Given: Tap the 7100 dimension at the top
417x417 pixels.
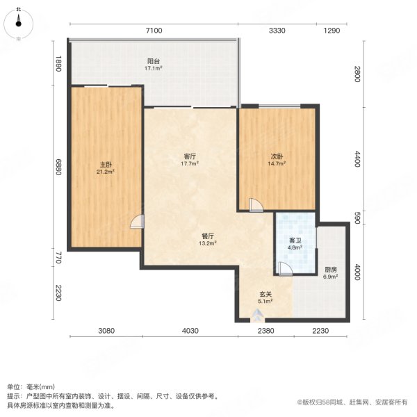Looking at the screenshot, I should [154, 31].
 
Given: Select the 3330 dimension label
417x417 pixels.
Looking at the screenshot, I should [277, 31].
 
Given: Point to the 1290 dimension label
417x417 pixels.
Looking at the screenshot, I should [332, 31].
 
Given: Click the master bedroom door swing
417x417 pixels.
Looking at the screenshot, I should [137, 222].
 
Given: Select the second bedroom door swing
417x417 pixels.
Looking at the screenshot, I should [255, 204].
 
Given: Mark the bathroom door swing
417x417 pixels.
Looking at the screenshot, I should [284, 269].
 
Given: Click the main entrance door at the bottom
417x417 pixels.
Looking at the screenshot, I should [259, 316].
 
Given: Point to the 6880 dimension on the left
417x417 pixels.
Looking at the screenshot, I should [59, 166].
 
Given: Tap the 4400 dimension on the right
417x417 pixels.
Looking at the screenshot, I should [357, 161].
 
